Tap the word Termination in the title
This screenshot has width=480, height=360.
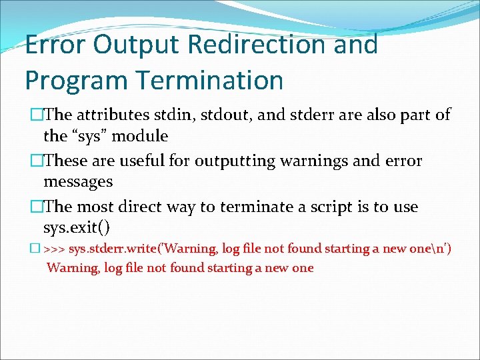(x=210, y=79)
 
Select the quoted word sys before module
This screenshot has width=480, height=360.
(x=90, y=137)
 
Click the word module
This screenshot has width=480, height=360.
(x=140, y=136)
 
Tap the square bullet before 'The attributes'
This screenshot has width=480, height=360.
(x=37, y=115)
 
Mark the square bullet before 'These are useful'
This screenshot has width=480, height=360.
(x=37, y=161)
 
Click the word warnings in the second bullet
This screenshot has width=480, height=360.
(x=314, y=161)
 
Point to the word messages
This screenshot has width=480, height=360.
(x=78, y=182)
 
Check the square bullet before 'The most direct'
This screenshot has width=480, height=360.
(x=37, y=206)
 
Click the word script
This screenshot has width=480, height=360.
(x=331, y=207)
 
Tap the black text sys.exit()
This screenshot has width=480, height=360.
(x=77, y=227)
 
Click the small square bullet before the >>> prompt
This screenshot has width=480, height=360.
(x=35, y=248)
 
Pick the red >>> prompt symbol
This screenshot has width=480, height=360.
(x=54, y=249)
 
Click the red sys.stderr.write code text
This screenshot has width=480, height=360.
(x=113, y=249)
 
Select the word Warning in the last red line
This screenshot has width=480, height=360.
(x=73, y=268)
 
